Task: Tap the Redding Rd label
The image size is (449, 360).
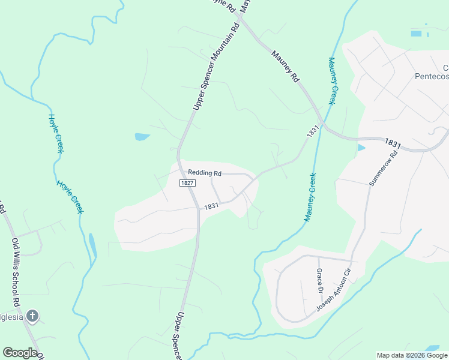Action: pos(205,173)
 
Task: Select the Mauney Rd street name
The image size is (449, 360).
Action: pos(285,66)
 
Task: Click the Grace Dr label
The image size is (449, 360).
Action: pos(320,277)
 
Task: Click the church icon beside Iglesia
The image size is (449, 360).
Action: pos(33,316)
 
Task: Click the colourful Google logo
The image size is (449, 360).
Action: pos(20,353)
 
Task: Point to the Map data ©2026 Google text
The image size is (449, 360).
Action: pos(412,355)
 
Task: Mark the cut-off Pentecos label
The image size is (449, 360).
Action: pos(432,76)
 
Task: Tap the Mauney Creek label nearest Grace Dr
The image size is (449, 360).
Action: pos(310,197)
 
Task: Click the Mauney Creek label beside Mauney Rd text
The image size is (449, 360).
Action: pos(332,81)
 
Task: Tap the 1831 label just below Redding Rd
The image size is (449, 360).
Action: pos(210,206)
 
